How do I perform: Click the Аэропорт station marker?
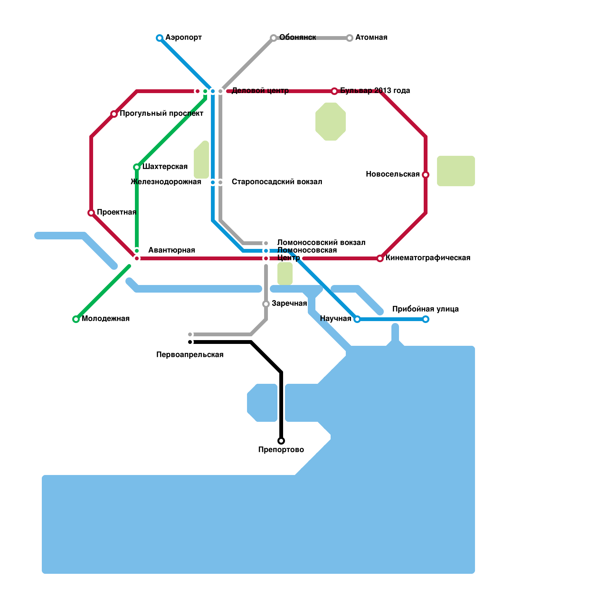pos(160,38)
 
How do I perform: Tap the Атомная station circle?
pos(350,38)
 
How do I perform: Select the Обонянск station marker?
pos(274,38)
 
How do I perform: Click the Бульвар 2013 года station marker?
pos(334,91)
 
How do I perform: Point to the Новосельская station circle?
pos(426,175)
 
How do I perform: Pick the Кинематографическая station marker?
pos(380,258)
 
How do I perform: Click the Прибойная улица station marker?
pos(426,319)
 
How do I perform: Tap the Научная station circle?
pos(357,319)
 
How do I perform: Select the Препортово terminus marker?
pos(281,441)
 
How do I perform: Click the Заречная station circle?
pos(266,304)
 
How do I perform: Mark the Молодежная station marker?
pos(76,319)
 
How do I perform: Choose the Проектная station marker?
pos(91,213)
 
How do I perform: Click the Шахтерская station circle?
pos(137,167)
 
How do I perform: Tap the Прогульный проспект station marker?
pos(114,114)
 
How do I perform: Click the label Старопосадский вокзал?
pos(277,182)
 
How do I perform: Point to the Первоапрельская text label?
pos(190,355)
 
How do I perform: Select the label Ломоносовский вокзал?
pos(321,243)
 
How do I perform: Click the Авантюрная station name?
pos(171,250)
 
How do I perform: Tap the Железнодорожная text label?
pos(166,182)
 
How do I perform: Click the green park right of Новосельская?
pos(456,171)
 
